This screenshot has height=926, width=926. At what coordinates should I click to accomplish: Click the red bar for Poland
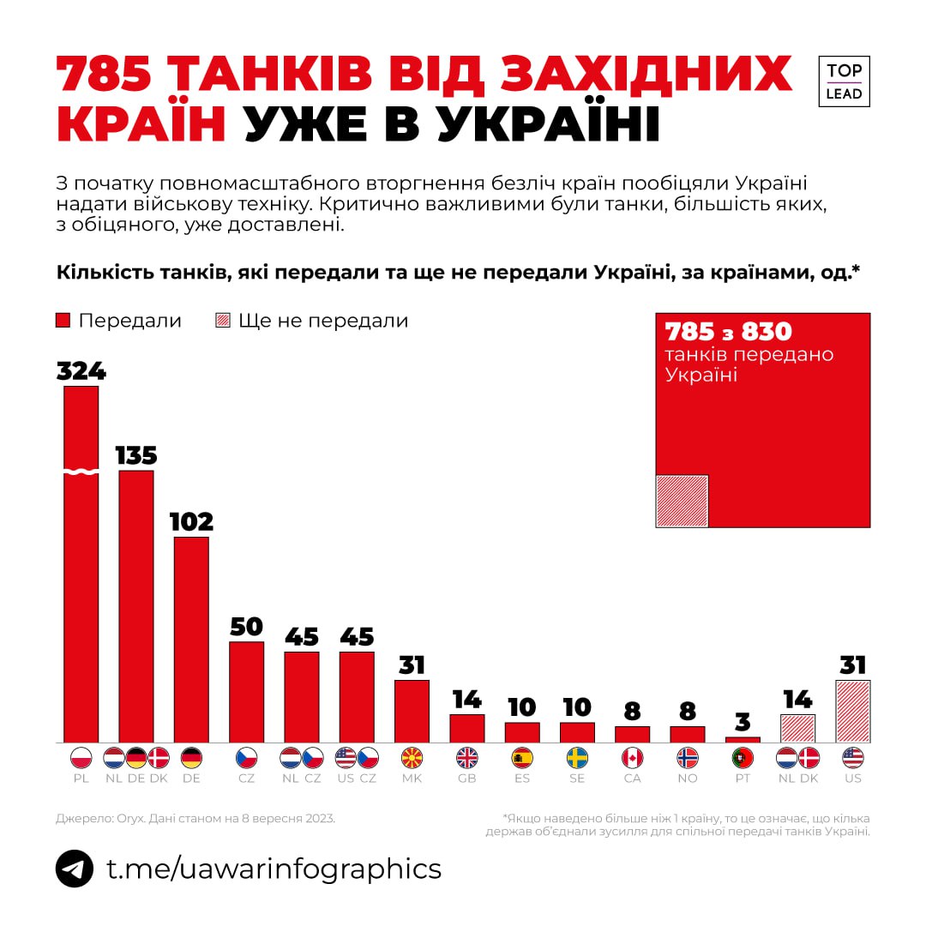(81, 566)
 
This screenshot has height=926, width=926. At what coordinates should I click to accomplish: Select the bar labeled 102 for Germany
(191, 639)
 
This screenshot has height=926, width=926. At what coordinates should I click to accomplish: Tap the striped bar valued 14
(797, 728)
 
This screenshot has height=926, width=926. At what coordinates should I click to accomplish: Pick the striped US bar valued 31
(853, 711)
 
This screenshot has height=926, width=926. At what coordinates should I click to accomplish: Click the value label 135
(135, 454)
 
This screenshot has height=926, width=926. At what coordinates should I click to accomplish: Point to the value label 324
(81, 370)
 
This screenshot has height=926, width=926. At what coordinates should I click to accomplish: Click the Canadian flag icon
(632, 758)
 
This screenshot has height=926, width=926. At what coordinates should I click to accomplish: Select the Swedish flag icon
(577, 758)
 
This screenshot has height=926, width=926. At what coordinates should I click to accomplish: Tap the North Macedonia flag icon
(412, 758)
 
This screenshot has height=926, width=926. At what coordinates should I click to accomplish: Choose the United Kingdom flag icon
(467, 758)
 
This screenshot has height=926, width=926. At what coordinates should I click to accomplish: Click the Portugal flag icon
(743, 758)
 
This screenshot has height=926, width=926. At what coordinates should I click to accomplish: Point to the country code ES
(522, 779)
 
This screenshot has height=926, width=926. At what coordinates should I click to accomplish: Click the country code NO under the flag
(688, 779)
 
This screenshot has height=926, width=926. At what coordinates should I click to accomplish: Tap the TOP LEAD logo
(844, 81)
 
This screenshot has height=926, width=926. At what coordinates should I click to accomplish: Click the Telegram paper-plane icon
(75, 869)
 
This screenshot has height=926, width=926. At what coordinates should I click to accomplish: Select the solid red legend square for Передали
(63, 321)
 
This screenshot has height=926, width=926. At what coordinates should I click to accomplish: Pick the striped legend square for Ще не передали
(222, 321)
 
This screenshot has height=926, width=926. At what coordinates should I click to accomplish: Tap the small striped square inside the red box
(682, 501)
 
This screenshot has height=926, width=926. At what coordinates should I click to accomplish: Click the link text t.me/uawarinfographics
(274, 869)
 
